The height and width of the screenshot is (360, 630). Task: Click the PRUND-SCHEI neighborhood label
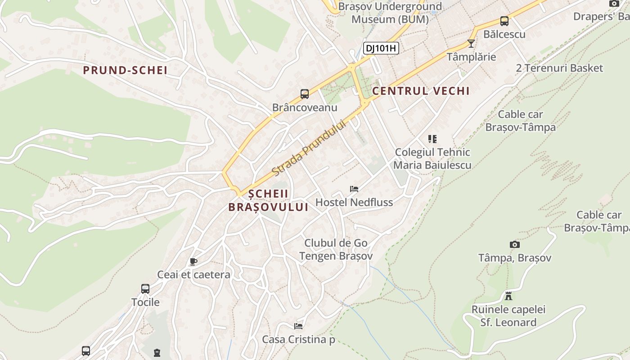125,70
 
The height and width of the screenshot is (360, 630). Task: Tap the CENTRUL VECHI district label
421,91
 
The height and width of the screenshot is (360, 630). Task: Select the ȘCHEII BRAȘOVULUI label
268,200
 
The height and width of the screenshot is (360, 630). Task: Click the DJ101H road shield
381,48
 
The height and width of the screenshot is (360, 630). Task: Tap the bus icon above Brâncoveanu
305,94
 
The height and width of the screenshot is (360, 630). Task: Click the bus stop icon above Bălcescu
504,21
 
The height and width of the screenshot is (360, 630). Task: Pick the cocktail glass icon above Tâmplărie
471,44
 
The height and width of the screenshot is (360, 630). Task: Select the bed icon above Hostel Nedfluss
354,189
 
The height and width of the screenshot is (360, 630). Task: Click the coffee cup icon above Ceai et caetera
193,261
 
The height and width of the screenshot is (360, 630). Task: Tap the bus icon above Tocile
145,289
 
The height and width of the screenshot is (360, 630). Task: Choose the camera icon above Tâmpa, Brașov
515,244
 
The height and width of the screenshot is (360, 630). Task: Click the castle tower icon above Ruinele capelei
508,296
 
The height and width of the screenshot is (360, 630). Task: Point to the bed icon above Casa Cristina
298,326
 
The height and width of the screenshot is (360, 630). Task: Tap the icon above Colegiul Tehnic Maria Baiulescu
432,139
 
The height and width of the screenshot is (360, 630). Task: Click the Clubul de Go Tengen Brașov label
336,249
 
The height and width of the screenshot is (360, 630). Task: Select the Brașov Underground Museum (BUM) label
390,13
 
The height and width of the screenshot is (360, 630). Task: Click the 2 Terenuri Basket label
559,68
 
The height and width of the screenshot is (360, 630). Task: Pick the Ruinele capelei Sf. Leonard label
508,316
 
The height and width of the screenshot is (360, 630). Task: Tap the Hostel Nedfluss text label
354,202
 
